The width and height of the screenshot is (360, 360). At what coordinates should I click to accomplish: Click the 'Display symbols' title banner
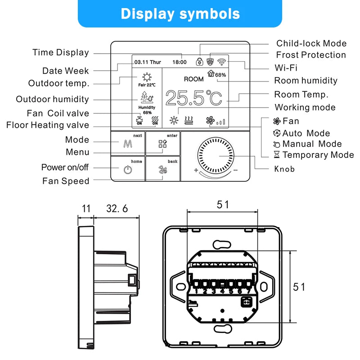tap(180, 13)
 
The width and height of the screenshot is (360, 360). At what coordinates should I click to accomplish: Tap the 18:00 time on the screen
tap(179, 62)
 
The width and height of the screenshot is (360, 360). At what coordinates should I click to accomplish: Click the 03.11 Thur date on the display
tap(148, 62)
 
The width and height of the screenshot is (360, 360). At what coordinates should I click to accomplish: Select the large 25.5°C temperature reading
tap(194, 98)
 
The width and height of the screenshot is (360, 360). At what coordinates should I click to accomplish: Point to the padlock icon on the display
tap(198, 62)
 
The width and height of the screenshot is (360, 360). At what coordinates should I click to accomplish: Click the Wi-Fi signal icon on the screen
tap(222, 62)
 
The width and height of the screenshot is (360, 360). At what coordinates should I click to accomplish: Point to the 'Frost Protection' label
tap(311, 55)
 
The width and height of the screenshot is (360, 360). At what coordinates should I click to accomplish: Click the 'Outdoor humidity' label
tap(52, 99)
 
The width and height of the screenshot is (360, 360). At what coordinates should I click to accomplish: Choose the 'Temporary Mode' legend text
tap(318, 155)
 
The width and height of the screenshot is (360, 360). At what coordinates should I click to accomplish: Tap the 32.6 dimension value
tap(117, 209)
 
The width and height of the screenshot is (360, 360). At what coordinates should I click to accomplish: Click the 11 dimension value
tap(86, 209)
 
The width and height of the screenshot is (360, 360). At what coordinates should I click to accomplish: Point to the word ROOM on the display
tap(193, 79)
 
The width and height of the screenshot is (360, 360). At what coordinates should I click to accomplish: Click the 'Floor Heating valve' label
tap(48, 125)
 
